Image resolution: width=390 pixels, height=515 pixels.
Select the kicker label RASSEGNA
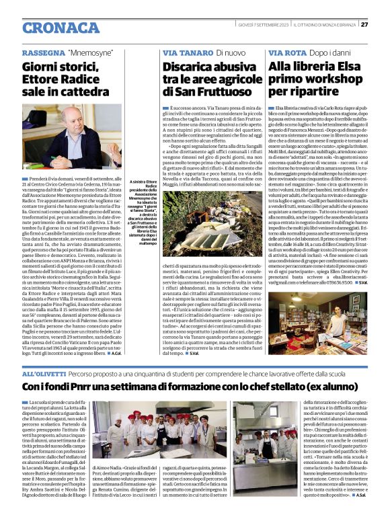[x=42, y=52]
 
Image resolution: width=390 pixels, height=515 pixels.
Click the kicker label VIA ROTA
[x=286, y=52]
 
